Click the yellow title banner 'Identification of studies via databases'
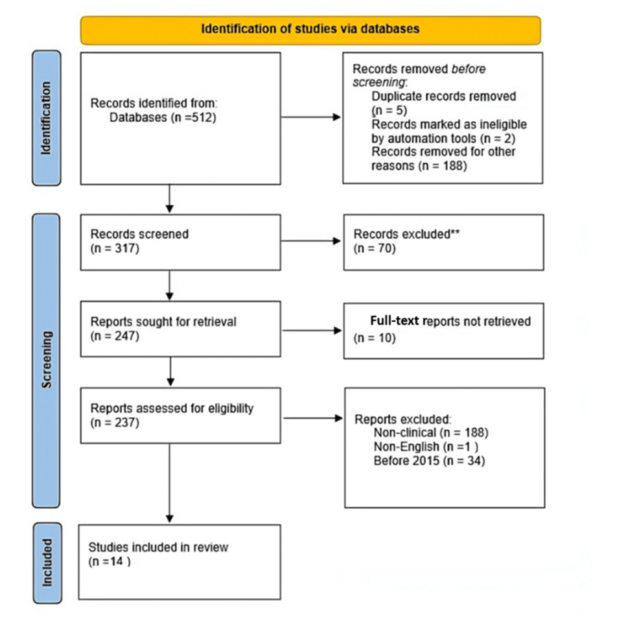(310, 30)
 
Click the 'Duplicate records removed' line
(443, 96)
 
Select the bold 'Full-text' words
(391, 321)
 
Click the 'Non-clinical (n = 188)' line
(430, 432)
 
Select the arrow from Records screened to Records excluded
(312, 240)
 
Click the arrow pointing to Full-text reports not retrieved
(312, 330)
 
